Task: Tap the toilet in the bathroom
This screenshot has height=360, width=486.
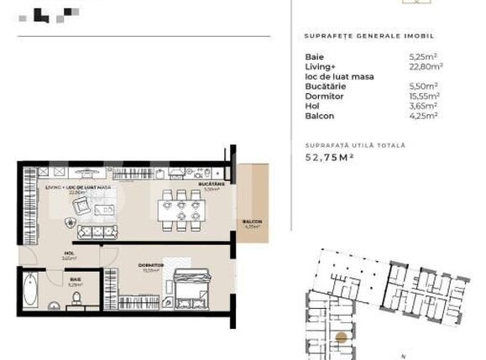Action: [x=78, y=296]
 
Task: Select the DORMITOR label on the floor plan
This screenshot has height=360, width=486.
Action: [x=151, y=265]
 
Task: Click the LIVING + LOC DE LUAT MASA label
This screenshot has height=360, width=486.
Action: [x=79, y=188]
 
